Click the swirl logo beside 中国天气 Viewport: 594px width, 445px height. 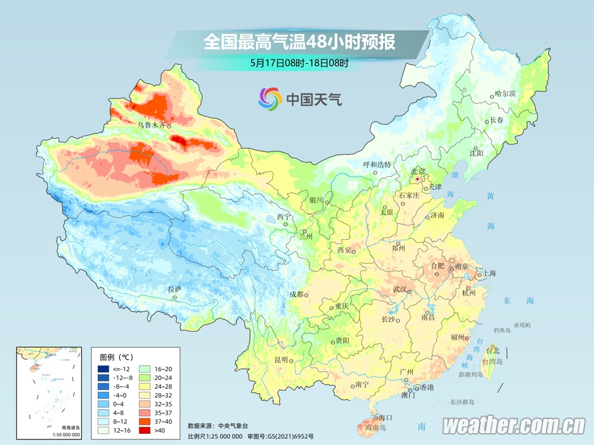click(270, 98)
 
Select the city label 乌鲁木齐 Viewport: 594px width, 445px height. click(152, 125)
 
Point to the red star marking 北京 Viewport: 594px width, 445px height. click(418, 179)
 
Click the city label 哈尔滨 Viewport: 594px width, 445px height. click(505, 94)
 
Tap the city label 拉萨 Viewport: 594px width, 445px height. click(174, 289)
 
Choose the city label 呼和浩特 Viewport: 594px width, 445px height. click(377, 165)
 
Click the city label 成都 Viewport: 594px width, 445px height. click(296, 294)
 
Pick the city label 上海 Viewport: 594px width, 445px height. click(489, 273)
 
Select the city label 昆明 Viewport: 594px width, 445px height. click(281, 360)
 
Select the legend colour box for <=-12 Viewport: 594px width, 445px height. click(103, 368)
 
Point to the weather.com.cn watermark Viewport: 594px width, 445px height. click(514, 426)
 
